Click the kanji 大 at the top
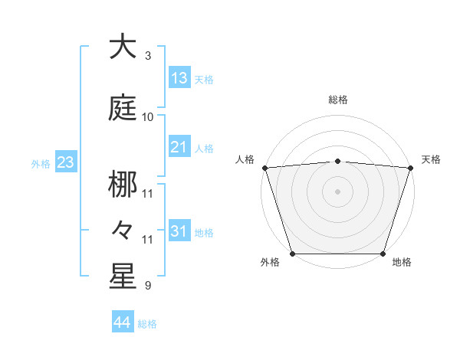[123, 47]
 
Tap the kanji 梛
[123, 185]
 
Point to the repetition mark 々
[123, 228]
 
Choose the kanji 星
[123, 277]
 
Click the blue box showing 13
[179, 77]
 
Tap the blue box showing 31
[179, 231]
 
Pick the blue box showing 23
[65, 162]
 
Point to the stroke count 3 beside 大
[148, 55]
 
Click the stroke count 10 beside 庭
[148, 116]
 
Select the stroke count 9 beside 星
[148, 286]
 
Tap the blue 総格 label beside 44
[147, 324]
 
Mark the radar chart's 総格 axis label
[338, 100]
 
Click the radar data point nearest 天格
[411, 167]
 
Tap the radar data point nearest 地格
[383, 254]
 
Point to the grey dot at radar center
[338, 191]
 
